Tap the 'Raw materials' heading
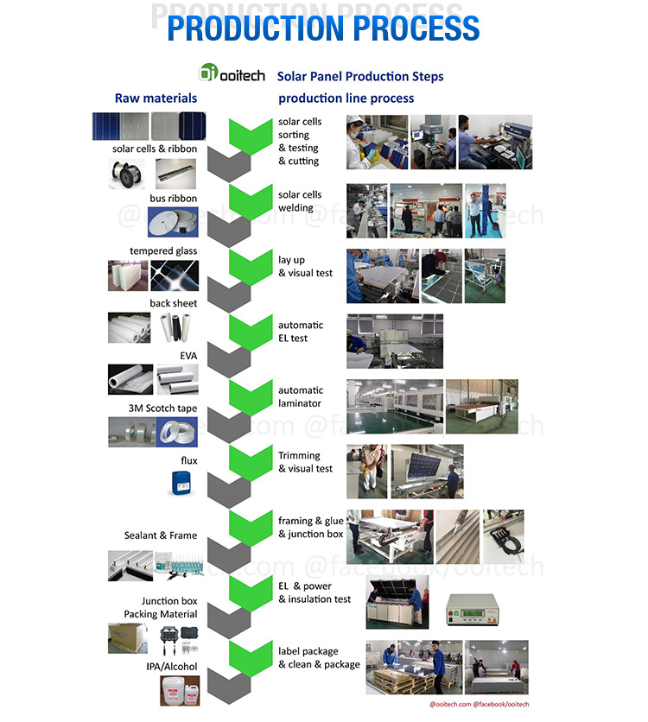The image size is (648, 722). point(156,98)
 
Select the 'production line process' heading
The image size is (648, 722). point(346,98)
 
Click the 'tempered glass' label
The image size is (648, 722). point(163,251)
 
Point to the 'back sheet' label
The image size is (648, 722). point(173,303)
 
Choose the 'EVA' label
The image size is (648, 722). point(187,355)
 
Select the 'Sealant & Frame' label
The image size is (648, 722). point(161,535)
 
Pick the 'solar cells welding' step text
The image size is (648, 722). point(300,201)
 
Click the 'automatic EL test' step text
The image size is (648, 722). point(301,332)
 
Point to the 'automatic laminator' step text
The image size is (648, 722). point(300,396)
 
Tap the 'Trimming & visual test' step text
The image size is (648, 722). point(305,462)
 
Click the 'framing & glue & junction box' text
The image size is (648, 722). point(310,527)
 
